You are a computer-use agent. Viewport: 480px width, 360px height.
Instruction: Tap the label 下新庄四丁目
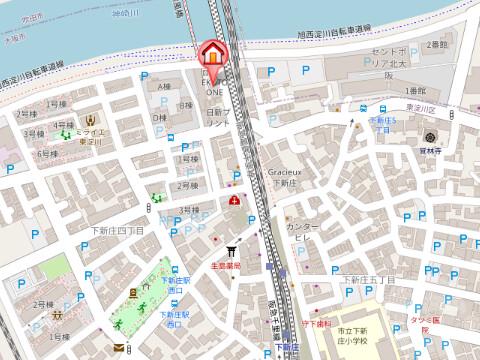[118, 230]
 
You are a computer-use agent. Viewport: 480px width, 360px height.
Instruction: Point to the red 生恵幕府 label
[228, 266]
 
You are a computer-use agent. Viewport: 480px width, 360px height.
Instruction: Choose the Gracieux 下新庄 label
[292, 176]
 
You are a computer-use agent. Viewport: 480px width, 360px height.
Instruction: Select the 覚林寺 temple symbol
[429, 137]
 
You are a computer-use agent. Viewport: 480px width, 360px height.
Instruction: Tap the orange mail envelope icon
[119, 347]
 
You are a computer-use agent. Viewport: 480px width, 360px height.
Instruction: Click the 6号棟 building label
[46, 153]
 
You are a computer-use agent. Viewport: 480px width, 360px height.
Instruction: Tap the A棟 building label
[163, 84]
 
